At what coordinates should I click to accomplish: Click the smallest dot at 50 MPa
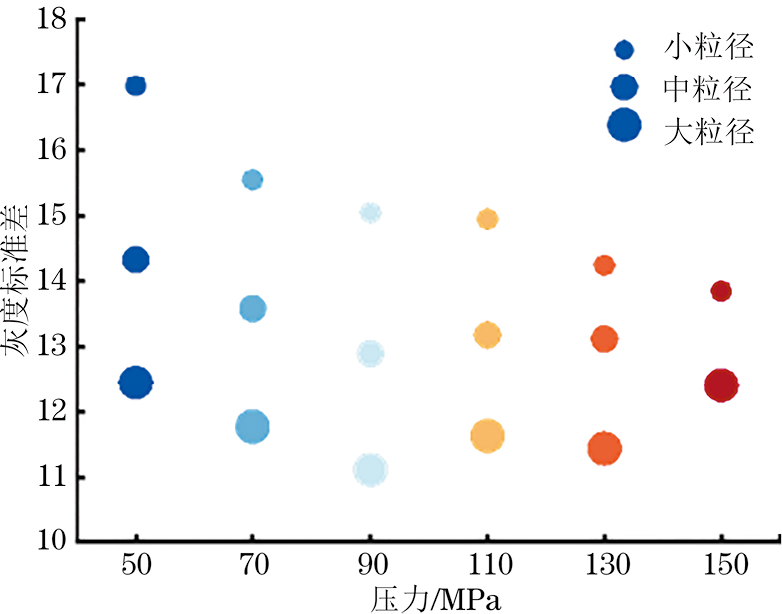coord(136,85)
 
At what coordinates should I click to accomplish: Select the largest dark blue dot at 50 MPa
coord(136,382)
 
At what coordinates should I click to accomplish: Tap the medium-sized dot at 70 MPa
coord(253,308)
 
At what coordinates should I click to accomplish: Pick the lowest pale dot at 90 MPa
coord(370,470)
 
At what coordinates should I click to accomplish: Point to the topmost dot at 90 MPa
coord(370,212)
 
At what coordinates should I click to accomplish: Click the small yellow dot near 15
coord(487,219)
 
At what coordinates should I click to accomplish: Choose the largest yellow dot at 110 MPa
coord(487,436)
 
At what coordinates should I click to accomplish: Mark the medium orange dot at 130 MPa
coord(604,339)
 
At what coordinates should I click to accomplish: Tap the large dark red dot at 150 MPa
coord(721,384)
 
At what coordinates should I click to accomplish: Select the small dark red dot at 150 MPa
coord(721,291)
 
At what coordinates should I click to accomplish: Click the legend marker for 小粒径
coord(624,49)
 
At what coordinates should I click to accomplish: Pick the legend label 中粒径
coord(707,89)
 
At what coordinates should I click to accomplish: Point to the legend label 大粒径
coord(707,131)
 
